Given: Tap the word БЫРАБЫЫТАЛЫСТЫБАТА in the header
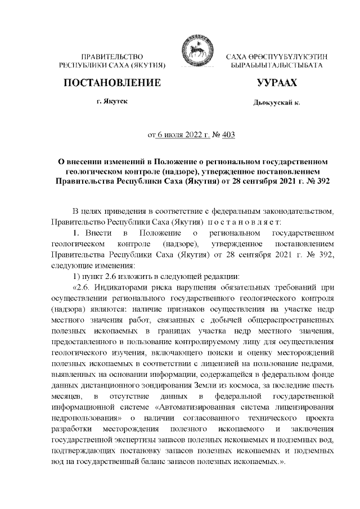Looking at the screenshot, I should pyautogui.click(x=272, y=66).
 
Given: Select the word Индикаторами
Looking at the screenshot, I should pyautogui.click(x=121, y=286).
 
